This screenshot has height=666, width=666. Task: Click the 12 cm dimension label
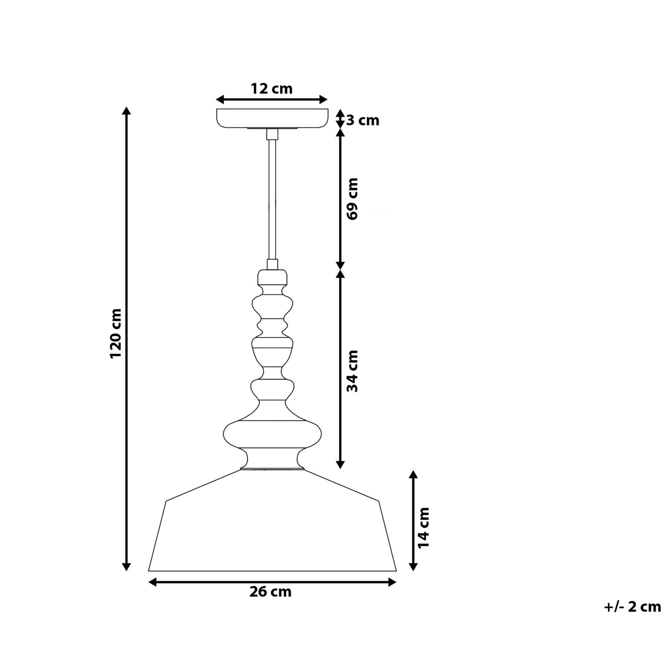point(272,89)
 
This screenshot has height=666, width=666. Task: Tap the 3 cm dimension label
point(363,121)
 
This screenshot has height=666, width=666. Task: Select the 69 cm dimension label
point(353,199)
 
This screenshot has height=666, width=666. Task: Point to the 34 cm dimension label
point(353,371)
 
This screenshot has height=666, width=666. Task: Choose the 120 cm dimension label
point(115,333)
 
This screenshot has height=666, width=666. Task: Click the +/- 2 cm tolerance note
point(632,618)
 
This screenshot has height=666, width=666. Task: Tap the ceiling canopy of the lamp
point(272,118)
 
